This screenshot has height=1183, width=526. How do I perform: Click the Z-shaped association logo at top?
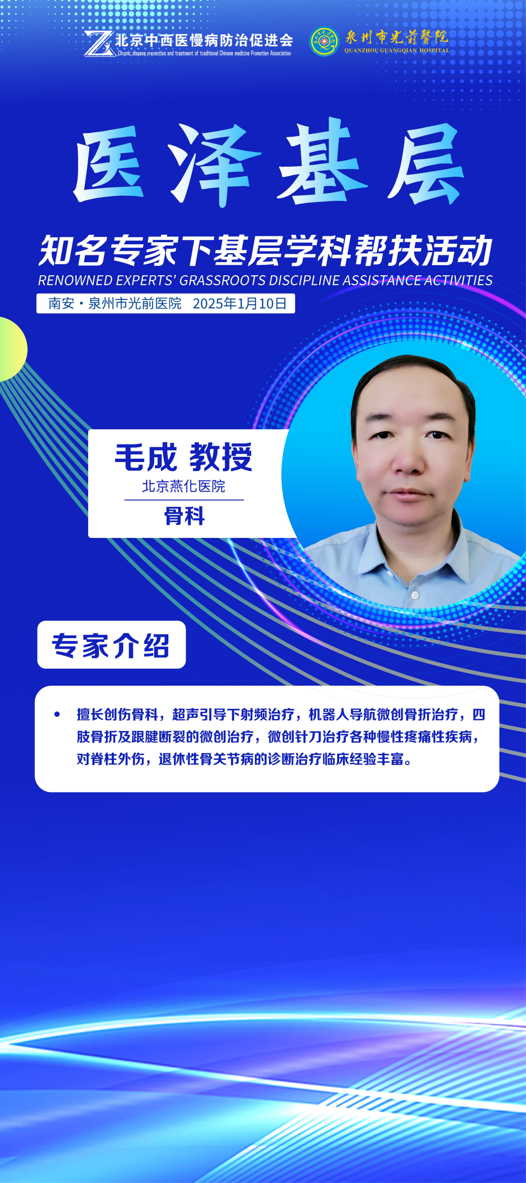(99, 43)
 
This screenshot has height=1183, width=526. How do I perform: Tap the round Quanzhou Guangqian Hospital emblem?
(324, 42)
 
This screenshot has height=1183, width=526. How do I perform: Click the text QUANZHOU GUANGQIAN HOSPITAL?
(397, 51)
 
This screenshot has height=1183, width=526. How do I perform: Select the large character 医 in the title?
(109, 165)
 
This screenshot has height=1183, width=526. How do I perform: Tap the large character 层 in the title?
(426, 165)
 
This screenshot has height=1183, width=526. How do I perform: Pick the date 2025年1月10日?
(240, 303)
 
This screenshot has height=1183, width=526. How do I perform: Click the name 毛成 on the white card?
(146, 457)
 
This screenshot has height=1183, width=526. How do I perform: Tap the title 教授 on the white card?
(221, 457)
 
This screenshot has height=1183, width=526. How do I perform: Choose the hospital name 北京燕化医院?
(184, 486)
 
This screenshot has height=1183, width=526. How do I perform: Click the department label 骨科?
(184, 516)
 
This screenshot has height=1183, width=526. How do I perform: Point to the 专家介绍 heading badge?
(111, 645)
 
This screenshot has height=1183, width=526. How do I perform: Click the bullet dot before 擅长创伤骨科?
(57, 715)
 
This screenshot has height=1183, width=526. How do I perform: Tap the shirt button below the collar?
(415, 595)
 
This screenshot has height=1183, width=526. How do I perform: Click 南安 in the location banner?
(61, 303)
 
